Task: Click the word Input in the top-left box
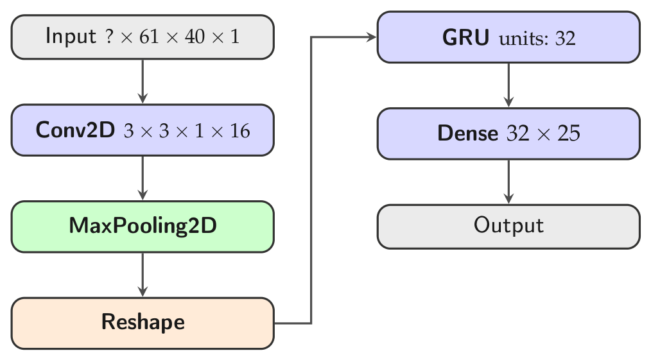point(71,36)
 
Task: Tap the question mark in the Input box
point(108,36)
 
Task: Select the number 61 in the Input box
point(149,37)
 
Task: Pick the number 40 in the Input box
point(195,37)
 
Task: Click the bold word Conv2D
point(75,130)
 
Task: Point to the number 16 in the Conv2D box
point(240,131)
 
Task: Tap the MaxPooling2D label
point(143,226)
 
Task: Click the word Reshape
point(143,323)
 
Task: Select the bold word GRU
point(465,37)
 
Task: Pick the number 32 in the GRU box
point(566,39)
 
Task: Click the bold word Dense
point(467,133)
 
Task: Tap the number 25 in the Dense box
point(569,133)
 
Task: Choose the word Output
point(508,226)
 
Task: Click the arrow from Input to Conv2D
point(143,81)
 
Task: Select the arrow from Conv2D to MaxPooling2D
point(143,178)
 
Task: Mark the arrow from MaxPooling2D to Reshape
point(143,275)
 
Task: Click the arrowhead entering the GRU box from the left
point(371,37)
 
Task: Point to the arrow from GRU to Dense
point(508,85)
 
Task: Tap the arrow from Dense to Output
point(508,182)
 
